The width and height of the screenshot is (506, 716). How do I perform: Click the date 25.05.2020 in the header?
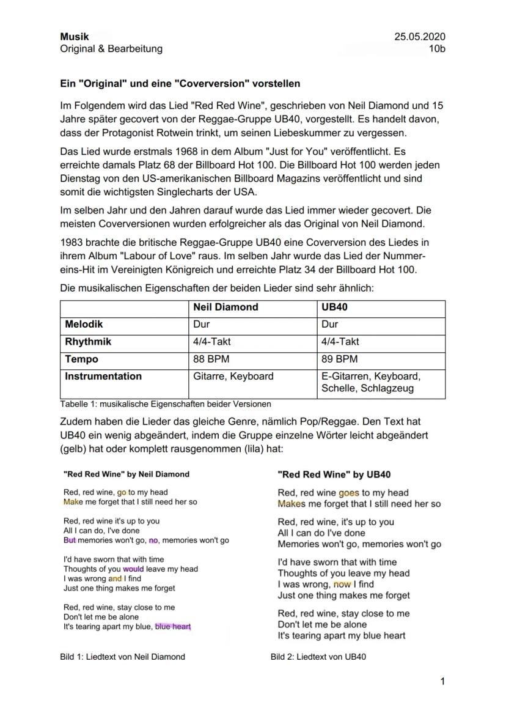point(420,37)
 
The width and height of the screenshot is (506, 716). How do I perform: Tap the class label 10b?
point(438,49)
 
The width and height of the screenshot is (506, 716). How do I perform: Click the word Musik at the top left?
point(75,37)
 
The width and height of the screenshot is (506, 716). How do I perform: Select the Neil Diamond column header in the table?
point(226,308)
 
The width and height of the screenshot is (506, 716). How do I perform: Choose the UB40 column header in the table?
point(335,308)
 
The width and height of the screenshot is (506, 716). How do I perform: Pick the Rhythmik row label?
point(88,342)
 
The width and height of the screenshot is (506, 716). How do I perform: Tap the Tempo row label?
point(81,359)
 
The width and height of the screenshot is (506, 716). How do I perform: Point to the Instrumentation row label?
point(103,376)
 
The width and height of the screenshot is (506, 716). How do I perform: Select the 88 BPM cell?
point(211,359)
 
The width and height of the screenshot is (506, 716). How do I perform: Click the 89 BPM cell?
point(339,359)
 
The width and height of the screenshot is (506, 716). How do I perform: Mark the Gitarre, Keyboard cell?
point(233,376)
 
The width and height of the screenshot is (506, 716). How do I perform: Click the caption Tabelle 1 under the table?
point(166,404)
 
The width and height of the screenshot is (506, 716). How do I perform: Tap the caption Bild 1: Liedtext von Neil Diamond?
point(122,657)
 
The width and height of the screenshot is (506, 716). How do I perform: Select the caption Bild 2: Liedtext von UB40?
point(318,657)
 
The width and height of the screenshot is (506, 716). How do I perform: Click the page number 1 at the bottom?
point(442,681)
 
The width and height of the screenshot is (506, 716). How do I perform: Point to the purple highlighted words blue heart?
point(173,627)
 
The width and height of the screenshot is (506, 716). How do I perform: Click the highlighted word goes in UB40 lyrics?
point(348,493)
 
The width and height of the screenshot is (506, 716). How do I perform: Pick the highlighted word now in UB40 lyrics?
point(342,585)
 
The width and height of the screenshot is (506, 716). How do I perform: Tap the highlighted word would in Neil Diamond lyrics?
point(133,569)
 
